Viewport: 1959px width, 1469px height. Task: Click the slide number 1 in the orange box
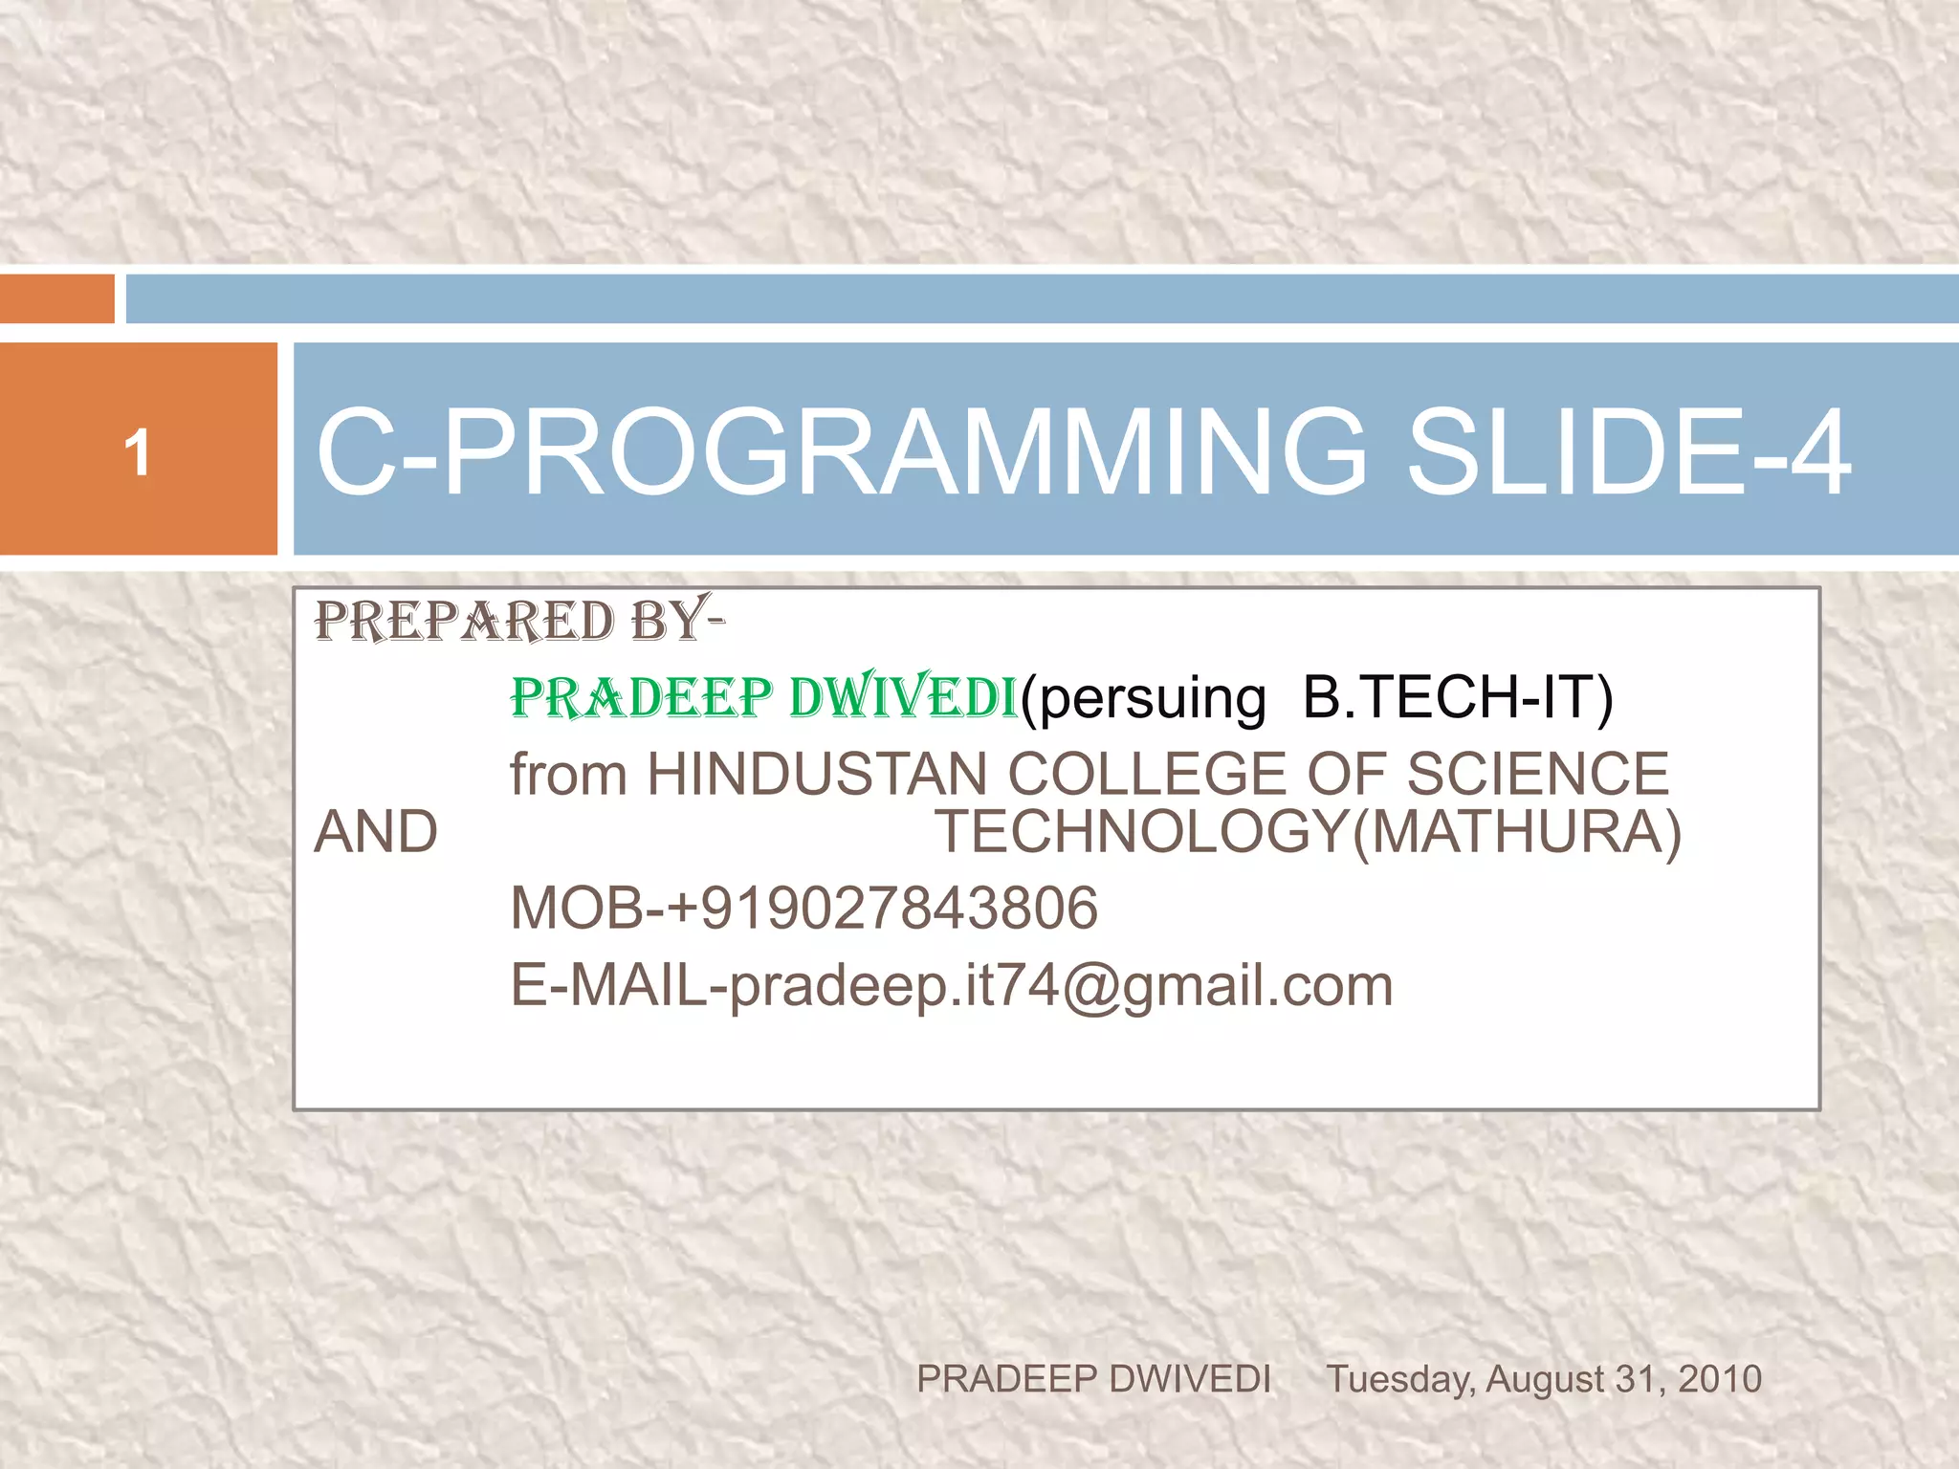(x=138, y=452)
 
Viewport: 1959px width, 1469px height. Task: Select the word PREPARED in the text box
(x=465, y=622)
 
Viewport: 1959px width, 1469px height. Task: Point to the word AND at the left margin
(x=376, y=831)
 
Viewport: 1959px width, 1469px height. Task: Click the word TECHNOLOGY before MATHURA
(x=1142, y=831)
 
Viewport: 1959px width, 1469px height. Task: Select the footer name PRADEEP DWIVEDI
(x=1093, y=1379)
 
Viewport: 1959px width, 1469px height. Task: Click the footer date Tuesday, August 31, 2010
(x=1543, y=1379)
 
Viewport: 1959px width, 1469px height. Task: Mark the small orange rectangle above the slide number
(x=56, y=298)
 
